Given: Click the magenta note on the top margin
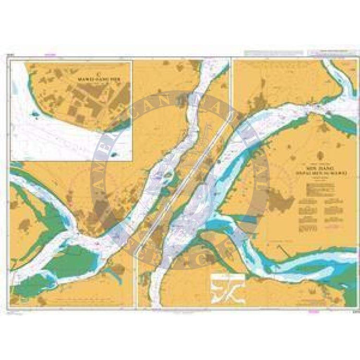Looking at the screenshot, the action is click(x=50, y=53).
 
